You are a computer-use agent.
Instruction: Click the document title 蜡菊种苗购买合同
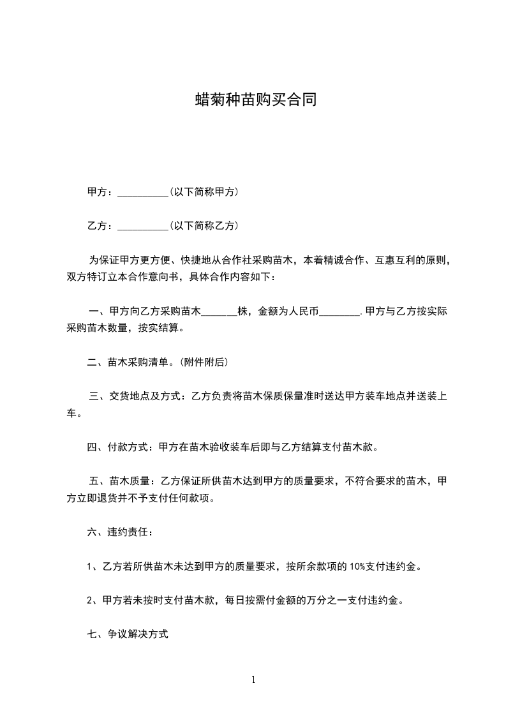256,100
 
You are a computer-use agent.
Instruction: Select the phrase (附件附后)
204,362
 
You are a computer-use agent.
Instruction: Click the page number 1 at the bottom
253,680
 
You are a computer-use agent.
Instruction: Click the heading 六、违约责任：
120,532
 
